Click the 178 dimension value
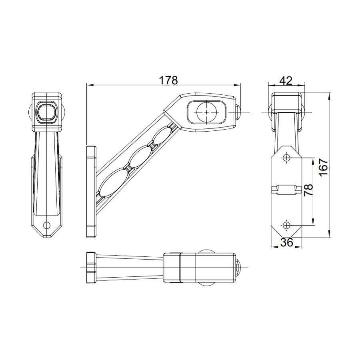click(x=168, y=80)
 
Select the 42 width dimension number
click(x=285, y=80)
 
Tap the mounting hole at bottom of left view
click(x=47, y=225)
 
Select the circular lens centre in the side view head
click(x=206, y=112)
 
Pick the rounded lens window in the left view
click(x=47, y=111)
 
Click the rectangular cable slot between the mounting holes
click(x=287, y=189)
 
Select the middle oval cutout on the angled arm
click(x=140, y=157)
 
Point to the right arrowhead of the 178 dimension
click(x=240, y=85)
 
